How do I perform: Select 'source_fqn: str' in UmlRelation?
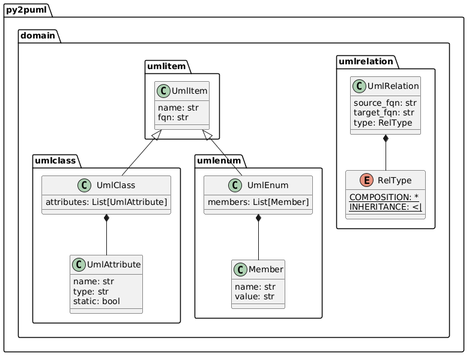click(x=384, y=103)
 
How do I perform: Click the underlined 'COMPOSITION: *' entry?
click(x=384, y=197)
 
